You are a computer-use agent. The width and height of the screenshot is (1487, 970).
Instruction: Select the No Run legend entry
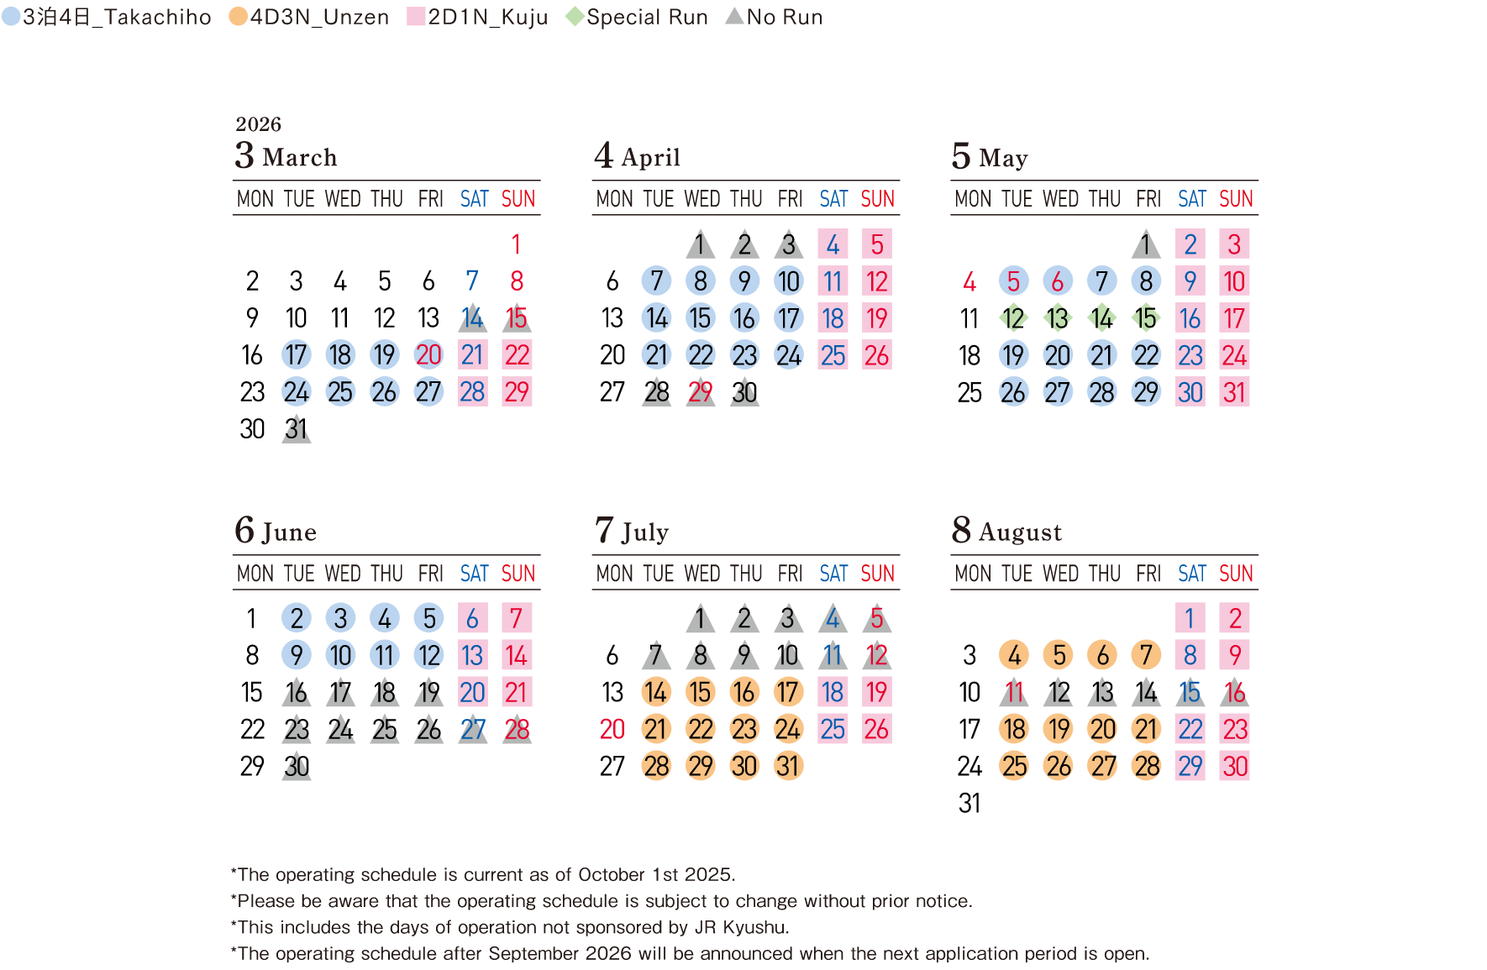[774, 17]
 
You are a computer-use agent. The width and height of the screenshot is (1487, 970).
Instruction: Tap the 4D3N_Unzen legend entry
[309, 17]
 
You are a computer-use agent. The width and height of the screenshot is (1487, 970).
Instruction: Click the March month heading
[286, 157]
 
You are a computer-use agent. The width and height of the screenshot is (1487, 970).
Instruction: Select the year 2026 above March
[258, 124]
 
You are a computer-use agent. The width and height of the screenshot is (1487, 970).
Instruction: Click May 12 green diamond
[1013, 318]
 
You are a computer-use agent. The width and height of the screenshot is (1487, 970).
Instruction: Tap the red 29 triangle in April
[700, 392]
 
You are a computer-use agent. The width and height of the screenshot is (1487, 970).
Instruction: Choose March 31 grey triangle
[296, 429]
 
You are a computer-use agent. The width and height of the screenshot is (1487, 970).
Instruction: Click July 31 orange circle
[788, 766]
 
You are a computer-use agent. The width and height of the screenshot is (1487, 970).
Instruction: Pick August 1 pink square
[1190, 618]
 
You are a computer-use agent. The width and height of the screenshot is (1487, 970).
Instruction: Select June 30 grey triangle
[296, 766]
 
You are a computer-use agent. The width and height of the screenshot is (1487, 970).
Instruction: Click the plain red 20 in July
[612, 729]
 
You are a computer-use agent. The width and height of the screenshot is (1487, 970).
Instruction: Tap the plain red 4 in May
[969, 281]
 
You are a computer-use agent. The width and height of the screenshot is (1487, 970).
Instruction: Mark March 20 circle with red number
[428, 355]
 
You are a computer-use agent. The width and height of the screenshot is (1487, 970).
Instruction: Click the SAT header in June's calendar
[474, 574]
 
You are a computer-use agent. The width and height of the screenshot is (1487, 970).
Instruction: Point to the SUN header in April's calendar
[877, 199]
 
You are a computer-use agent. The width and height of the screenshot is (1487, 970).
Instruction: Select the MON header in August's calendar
[973, 574]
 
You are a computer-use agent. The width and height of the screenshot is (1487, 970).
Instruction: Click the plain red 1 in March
[516, 244]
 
